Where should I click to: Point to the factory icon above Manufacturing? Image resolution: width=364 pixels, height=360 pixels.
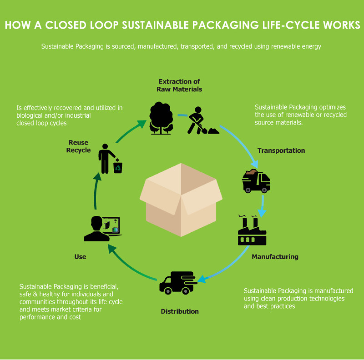(252, 230)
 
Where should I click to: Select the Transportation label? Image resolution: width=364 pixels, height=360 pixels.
(281, 150)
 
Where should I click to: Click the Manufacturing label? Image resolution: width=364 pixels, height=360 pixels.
(275, 257)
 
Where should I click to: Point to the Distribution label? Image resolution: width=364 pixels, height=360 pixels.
(180, 311)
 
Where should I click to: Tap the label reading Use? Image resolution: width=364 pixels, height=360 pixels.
(80, 257)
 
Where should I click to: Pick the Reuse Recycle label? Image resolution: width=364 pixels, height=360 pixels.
(78, 146)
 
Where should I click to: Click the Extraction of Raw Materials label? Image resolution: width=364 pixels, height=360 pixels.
(179, 85)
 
